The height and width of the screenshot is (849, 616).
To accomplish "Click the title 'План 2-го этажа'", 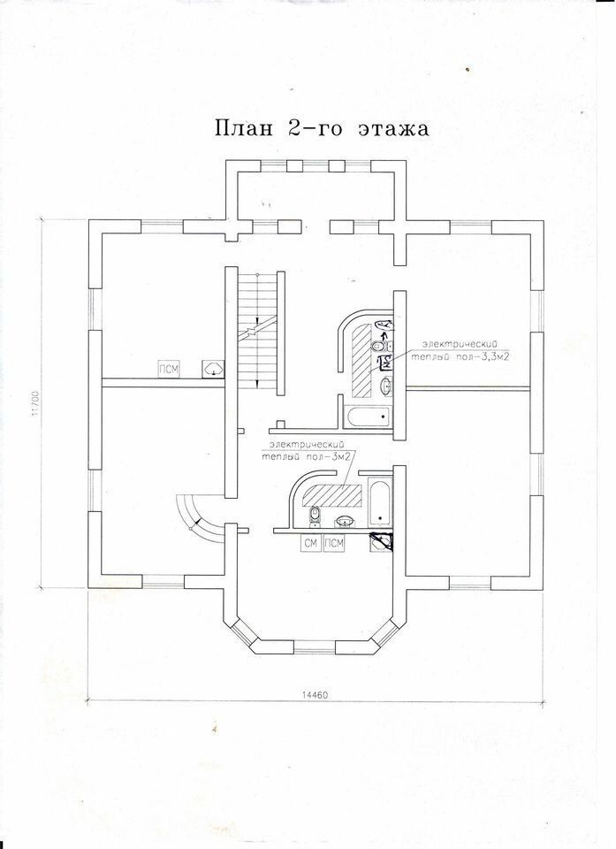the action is click(321, 128).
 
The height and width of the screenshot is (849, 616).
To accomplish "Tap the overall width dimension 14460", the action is click(315, 695).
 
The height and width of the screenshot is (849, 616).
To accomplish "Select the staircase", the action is click(258, 333).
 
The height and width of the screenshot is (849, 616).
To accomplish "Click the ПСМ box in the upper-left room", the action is click(166, 369).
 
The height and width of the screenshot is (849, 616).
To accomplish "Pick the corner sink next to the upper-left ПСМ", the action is click(213, 369).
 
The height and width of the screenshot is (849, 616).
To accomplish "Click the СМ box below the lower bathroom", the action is click(310, 543).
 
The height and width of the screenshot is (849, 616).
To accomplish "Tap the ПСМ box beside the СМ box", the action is click(334, 543).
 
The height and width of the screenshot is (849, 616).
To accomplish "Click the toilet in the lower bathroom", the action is click(316, 515).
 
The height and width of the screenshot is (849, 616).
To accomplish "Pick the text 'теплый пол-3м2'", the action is click(304, 455).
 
